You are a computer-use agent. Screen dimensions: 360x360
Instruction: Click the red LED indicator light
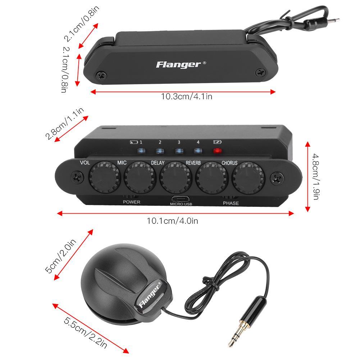[x=217, y=151]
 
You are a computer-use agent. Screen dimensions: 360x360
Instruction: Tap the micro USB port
[x=181, y=198]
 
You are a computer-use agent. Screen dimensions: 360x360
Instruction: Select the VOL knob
[x=102, y=177]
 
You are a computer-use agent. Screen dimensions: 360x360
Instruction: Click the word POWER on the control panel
[x=131, y=202]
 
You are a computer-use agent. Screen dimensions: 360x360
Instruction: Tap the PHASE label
[x=231, y=203]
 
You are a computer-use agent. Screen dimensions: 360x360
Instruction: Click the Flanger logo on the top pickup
[x=179, y=65]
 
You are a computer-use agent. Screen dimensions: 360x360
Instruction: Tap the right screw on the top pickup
[x=260, y=73]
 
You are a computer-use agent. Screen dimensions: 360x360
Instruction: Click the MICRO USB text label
[x=181, y=204]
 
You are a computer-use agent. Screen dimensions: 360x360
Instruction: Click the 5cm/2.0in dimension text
[x=61, y=258]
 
